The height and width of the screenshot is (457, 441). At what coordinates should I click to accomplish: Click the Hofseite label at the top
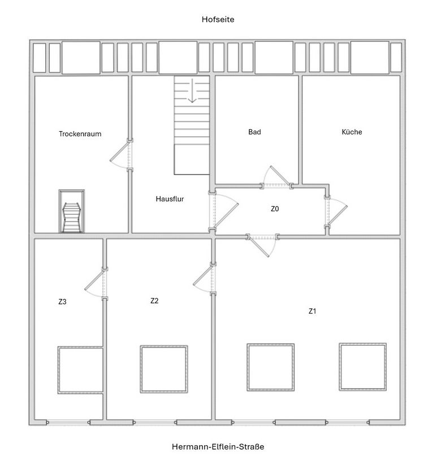point(218,20)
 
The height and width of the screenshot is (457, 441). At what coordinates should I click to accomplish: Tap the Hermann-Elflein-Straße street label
point(218,446)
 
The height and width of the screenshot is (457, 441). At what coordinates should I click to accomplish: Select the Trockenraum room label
point(80,134)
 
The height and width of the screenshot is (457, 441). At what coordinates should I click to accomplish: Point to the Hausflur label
point(170,199)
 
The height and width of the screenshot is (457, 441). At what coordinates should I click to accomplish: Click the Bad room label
point(254,132)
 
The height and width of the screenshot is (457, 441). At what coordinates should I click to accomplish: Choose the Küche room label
point(352,132)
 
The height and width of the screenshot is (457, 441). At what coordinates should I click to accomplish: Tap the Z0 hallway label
point(275,208)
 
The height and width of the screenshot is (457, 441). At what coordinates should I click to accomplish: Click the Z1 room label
point(312,311)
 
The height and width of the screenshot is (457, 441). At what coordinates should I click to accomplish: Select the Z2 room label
point(154,301)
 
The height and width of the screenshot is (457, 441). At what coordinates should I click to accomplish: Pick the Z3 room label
point(62,301)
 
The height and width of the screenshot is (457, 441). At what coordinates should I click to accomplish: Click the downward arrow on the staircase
point(192,90)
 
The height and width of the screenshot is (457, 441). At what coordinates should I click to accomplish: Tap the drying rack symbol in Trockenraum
point(71,211)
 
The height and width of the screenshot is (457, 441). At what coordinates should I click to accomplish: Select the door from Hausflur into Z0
point(223,211)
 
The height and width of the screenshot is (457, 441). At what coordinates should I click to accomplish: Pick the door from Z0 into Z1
point(262,245)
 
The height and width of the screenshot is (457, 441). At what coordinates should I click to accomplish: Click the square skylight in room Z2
point(164,369)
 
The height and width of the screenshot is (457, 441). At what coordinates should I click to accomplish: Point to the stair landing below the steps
point(192,159)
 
